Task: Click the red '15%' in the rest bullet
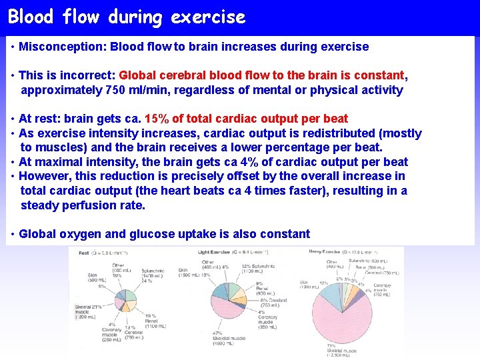pos(157,119)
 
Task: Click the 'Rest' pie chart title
pos(84,253)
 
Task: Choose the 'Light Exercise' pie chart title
pos(214,252)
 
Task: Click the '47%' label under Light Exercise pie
pos(217,332)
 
